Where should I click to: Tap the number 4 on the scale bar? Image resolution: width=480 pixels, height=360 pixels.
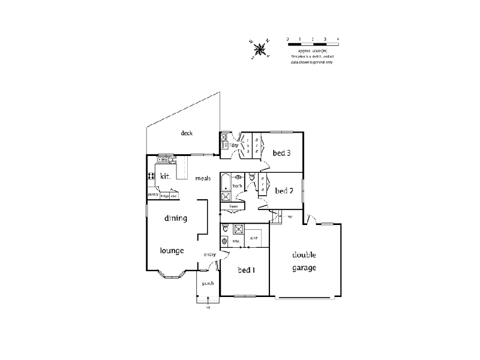[338, 39]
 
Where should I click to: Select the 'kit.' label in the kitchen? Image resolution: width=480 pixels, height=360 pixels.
[166, 176]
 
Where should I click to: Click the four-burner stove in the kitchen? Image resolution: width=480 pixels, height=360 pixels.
[150, 176]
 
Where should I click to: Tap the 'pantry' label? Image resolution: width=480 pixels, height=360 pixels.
[153, 194]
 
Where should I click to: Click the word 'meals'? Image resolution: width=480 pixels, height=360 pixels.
[202, 178]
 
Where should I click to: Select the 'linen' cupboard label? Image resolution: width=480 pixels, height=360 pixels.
[233, 207]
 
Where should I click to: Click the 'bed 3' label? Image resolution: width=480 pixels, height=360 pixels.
[281, 153]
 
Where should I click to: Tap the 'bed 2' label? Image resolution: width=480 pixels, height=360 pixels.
[284, 191]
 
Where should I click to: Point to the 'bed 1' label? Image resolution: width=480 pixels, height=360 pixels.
[246, 270]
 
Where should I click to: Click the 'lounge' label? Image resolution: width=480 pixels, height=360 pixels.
[172, 250]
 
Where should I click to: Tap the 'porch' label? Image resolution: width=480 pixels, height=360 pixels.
[208, 283]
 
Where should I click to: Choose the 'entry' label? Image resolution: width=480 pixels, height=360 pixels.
[209, 255]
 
